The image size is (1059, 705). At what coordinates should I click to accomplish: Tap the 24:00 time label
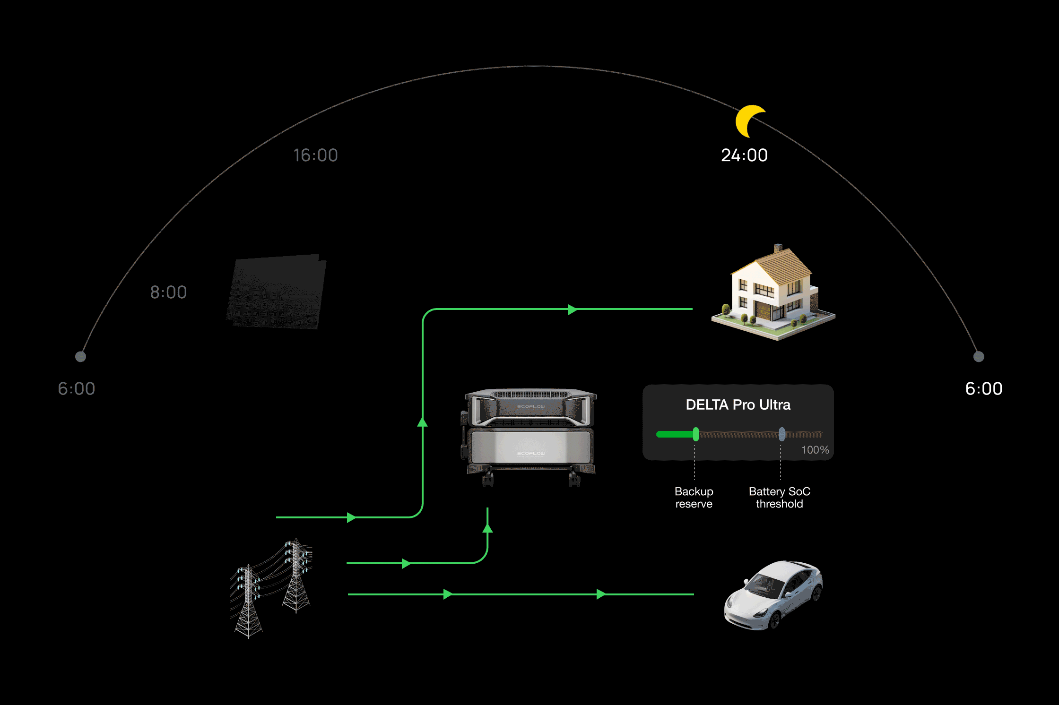coord(744,155)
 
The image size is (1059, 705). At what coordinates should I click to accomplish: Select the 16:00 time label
coord(315,155)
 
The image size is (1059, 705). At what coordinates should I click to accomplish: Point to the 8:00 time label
coord(168,292)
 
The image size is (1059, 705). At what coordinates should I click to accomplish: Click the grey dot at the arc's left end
coord(80,357)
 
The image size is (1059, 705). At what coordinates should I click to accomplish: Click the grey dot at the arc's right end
coord(979,357)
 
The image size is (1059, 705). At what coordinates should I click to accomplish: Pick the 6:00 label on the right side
coord(983,389)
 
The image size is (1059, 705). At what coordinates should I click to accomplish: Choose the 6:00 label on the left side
coord(77,389)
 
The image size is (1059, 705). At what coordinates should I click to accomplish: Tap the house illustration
coord(773,293)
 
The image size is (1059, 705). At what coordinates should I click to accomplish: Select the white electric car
coord(773,594)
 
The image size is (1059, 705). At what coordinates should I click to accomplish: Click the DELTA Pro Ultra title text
coord(738,405)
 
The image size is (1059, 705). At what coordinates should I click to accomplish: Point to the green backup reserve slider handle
coord(696,434)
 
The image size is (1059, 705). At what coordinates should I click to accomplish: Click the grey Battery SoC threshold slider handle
coord(782,434)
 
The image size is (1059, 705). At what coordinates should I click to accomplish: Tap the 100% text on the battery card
coord(815,450)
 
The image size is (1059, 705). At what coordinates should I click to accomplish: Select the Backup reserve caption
coord(694,498)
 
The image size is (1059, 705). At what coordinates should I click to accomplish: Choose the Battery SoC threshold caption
coord(779,498)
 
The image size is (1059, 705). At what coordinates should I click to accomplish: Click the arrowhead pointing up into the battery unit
coord(487,528)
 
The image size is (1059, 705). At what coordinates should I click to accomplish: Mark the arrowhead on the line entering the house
coord(573,310)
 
